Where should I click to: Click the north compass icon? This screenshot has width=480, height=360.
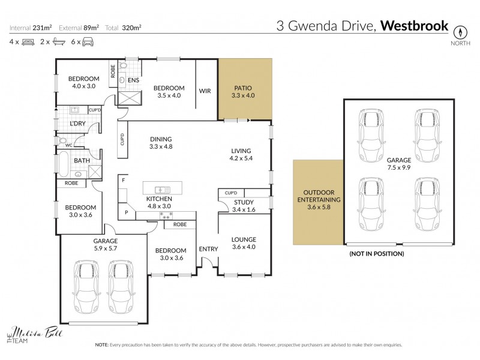461,31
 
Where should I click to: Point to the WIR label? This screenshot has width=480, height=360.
205,91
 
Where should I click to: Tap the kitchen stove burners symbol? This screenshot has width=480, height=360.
166,214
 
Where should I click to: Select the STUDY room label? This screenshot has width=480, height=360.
244,202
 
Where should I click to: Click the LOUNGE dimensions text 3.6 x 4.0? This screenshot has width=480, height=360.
244,247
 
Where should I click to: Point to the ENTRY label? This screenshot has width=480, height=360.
208,248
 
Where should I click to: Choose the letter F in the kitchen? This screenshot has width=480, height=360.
123,180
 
